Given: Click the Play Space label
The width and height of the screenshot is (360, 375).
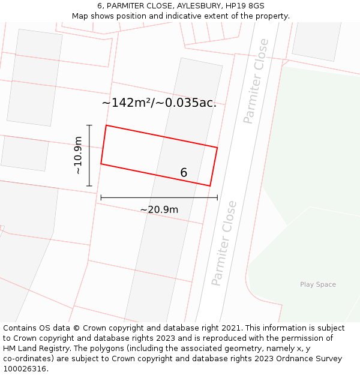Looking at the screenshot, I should [317, 284].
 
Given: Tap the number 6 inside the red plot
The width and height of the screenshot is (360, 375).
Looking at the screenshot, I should [184, 173].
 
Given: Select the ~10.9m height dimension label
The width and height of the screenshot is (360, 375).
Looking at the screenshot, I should [78, 155].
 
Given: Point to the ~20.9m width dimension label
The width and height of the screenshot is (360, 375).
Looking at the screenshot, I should [159, 209].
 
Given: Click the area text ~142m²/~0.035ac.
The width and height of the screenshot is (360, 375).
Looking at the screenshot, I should [159, 103].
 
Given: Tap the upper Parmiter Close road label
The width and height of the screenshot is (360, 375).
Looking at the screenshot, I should [256, 81].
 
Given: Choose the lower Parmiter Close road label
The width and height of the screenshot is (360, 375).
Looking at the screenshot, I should [224, 243].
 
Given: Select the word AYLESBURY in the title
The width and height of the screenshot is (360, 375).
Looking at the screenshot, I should [201, 6].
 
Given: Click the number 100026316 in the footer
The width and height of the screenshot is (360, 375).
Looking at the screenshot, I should [24, 369].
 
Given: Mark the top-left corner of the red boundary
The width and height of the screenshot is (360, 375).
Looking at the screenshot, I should [106, 125].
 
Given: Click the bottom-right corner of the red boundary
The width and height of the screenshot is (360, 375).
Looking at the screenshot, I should [210, 186].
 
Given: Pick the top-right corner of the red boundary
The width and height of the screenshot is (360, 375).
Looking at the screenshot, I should [217, 147].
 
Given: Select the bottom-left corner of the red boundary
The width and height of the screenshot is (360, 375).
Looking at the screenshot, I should [101, 164].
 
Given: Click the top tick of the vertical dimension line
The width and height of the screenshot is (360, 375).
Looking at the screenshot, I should [89, 125].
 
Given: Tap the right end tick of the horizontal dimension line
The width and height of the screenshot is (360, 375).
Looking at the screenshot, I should [217, 197].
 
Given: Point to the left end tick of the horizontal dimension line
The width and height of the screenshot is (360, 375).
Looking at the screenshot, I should [101, 197].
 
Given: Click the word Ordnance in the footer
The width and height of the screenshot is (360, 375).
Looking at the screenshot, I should [304, 359].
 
